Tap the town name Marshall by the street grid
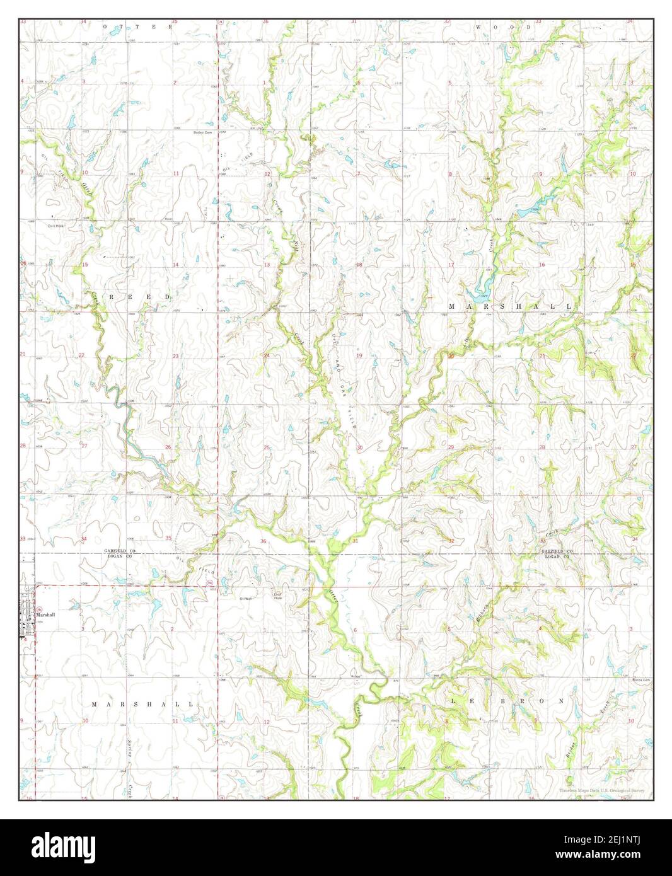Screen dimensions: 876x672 coord(46,614)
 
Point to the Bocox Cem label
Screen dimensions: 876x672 coord(641,679)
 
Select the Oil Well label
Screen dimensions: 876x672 coord(246,598)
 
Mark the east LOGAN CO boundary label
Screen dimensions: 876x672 coord(557,556)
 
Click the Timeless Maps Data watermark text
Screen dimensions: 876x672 coord(603,790)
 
